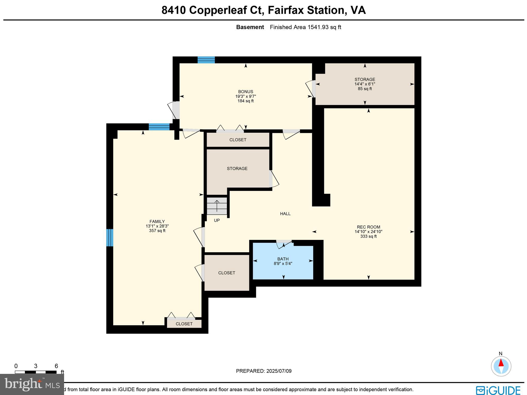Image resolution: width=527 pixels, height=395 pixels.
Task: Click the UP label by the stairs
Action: tap(217, 220)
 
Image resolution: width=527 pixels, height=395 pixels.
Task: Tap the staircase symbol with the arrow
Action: tap(217, 206)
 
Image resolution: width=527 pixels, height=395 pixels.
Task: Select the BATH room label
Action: tap(283, 259)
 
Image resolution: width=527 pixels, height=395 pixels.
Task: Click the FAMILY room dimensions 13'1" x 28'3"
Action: tap(157, 226)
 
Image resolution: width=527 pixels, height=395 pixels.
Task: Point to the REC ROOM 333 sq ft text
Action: tap(368, 236)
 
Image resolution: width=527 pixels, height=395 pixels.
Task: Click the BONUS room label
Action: tap(245, 91)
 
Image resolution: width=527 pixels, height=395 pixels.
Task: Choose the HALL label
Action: tap(285, 214)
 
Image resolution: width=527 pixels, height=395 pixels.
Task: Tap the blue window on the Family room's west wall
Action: tap(110, 238)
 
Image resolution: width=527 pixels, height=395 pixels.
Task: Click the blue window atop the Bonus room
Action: tap(206, 60)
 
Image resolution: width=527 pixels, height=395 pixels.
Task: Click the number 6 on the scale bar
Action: tap(56, 366)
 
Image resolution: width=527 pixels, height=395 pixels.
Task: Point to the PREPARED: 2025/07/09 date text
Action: tap(263, 371)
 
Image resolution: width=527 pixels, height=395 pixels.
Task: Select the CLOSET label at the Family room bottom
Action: tap(184, 324)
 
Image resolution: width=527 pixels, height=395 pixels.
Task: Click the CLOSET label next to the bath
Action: tap(226, 273)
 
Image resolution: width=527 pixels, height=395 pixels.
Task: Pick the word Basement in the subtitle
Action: tap(250, 27)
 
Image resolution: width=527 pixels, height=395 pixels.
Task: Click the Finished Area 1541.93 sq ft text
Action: tap(305, 27)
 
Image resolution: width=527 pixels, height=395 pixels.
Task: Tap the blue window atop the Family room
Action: tap(159, 127)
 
